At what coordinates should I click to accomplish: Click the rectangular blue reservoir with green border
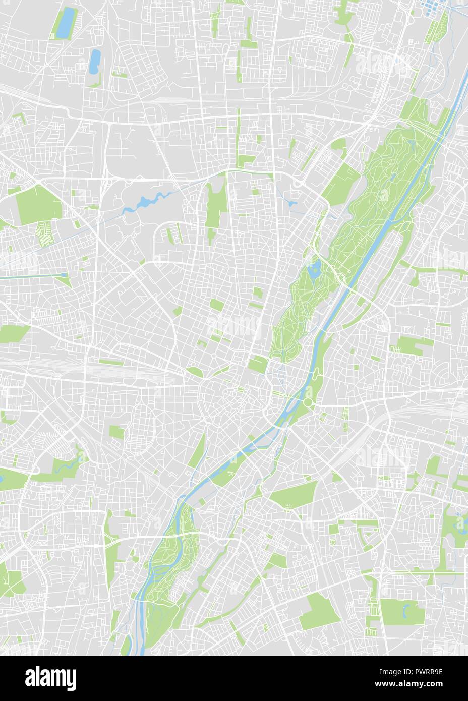pos(65,23)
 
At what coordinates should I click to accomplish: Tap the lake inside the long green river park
pos(315,269)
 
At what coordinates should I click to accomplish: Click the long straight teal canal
pos(30,276)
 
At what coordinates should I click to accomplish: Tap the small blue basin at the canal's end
pos(64,275)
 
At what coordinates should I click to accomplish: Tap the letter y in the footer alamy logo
pos(71,678)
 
